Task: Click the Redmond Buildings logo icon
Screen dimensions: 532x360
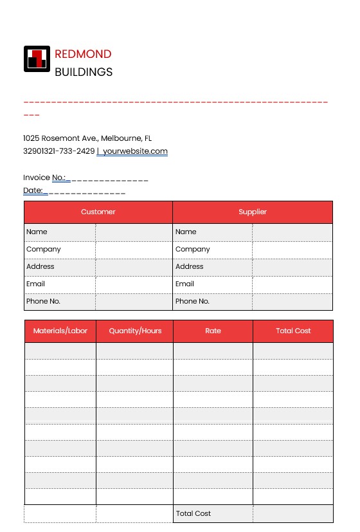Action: [x=37, y=59]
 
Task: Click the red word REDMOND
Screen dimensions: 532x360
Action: [x=83, y=54]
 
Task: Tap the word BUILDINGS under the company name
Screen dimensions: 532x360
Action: [x=84, y=72]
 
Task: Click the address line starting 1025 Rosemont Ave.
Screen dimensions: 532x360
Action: [x=87, y=138]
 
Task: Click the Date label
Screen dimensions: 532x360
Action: [x=33, y=190]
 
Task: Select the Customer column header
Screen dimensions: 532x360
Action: [x=98, y=212]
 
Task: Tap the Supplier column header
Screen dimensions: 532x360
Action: [x=253, y=212]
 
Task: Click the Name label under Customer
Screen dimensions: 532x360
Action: [x=37, y=232]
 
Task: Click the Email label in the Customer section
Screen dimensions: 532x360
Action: [x=36, y=284]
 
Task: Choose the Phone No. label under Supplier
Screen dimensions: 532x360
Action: [x=192, y=301]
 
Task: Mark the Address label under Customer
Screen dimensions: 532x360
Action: [x=40, y=266]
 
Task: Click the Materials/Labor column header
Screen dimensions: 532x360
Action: [x=60, y=331]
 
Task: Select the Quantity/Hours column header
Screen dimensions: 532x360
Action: [x=135, y=331]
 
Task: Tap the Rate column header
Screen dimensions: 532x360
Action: [x=213, y=331]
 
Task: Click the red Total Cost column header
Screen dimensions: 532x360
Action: [x=293, y=331]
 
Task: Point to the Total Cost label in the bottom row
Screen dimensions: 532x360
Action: [x=193, y=513]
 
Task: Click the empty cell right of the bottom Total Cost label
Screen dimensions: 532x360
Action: [x=293, y=513]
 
